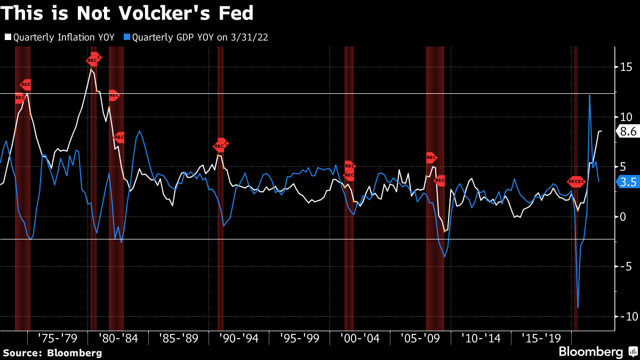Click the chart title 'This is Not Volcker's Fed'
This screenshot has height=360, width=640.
point(127,13)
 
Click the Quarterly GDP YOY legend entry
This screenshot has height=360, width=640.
point(202,37)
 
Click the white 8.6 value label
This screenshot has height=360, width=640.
point(628,131)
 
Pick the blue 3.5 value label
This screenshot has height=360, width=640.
point(628,182)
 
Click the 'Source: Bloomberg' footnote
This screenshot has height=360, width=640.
point(52,353)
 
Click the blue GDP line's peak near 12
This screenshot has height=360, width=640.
point(589,95)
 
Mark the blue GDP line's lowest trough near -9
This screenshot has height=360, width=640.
point(578,307)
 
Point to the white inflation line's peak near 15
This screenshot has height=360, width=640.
point(91,70)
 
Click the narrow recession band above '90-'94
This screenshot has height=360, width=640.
point(220,187)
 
